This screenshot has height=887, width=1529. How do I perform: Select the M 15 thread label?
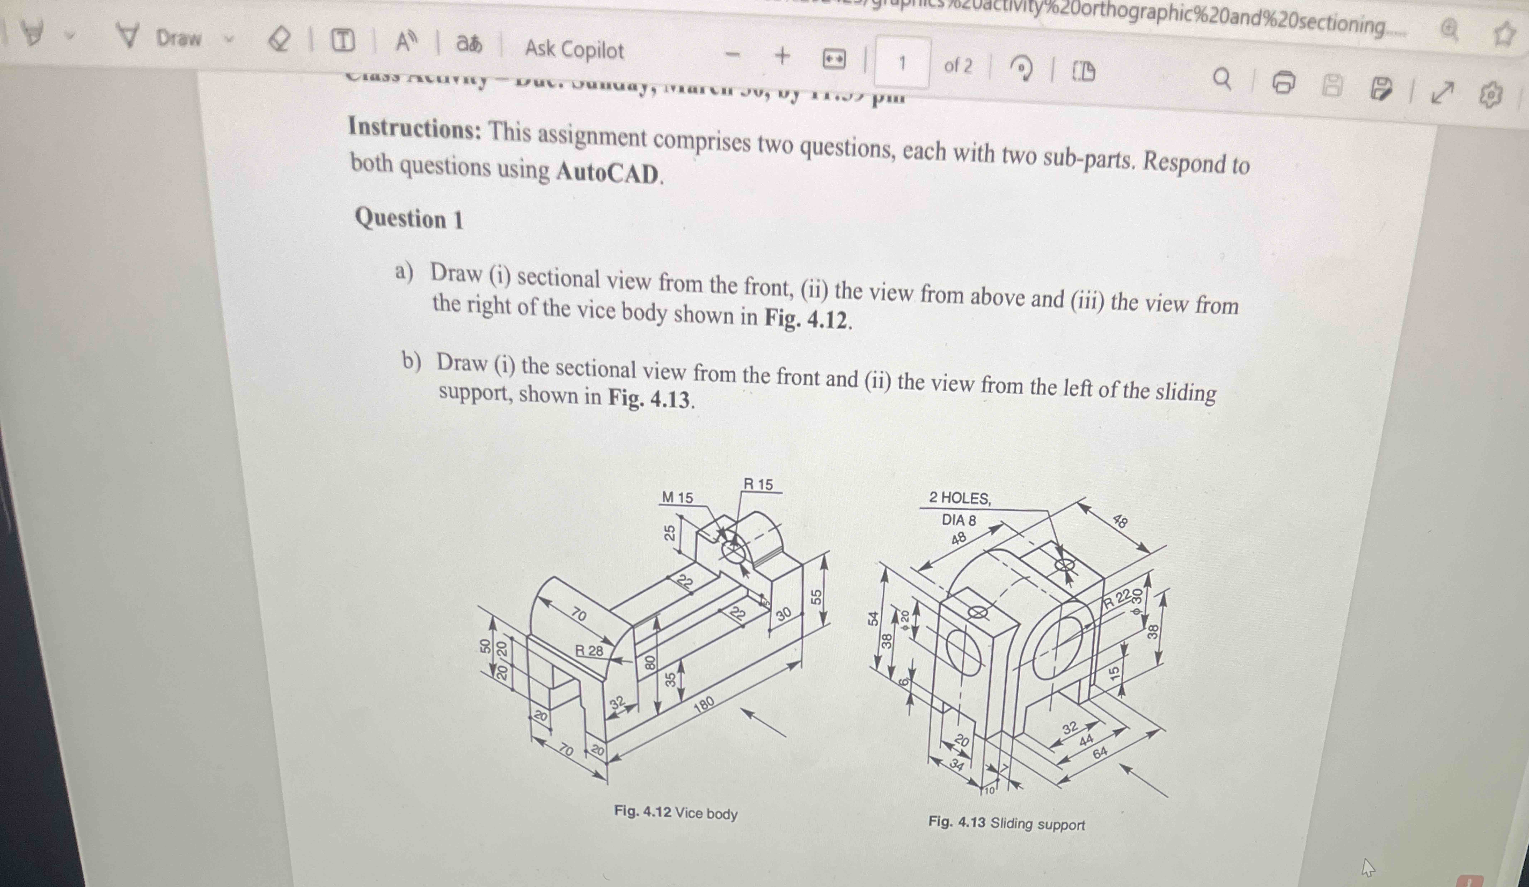point(677,497)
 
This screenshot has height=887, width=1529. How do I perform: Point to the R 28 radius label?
point(589,651)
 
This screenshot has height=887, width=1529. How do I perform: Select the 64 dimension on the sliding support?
point(1100,753)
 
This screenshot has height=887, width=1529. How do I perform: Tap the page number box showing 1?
point(902,63)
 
